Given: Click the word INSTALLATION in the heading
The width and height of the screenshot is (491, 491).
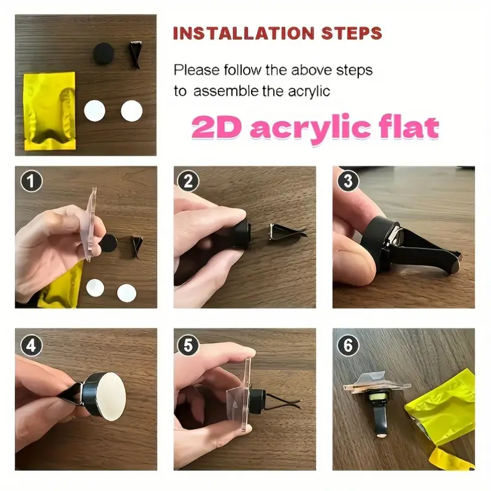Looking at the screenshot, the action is (x=244, y=34).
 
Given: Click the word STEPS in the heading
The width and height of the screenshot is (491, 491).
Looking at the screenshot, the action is (x=352, y=34).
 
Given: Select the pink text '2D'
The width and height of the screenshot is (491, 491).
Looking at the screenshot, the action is (x=217, y=127).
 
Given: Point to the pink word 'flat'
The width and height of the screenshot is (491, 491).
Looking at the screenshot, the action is (x=409, y=126).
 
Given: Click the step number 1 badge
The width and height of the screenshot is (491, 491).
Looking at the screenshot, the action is (x=31, y=181).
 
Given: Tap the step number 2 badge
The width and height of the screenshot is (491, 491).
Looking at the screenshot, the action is (x=188, y=181).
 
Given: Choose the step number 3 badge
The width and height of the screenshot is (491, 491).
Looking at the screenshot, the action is (x=348, y=180).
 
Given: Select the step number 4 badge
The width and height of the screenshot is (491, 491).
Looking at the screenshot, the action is (x=31, y=346).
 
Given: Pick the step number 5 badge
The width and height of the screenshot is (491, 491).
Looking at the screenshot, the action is (x=188, y=346).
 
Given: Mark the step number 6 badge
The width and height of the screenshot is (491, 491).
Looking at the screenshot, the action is (x=348, y=346).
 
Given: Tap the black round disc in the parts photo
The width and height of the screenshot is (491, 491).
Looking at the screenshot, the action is (x=104, y=53).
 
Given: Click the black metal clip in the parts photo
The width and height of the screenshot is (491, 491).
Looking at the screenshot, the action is (x=135, y=54).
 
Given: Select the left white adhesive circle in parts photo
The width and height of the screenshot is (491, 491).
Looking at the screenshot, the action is (x=95, y=111).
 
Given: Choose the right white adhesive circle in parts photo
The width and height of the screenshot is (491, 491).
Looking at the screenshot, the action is (x=131, y=111).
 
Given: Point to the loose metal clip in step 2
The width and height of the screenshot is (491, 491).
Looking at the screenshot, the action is (x=287, y=232).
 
